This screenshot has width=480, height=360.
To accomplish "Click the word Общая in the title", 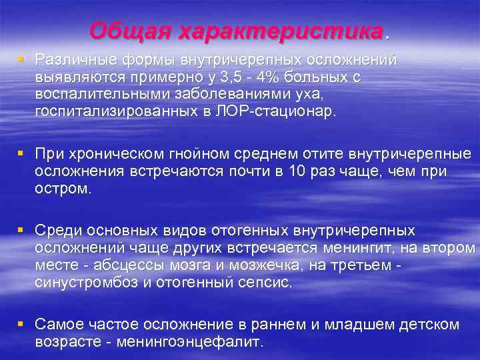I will click(122, 31).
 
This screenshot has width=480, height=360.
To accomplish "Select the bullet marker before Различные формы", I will click(21, 59).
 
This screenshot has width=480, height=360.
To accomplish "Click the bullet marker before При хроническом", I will click(21, 154).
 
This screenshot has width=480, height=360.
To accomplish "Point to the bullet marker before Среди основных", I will click(21, 230).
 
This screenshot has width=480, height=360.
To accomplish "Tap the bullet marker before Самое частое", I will click(21, 323).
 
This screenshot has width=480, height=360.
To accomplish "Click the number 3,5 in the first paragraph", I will click(215, 77).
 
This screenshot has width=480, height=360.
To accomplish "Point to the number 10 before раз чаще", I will click(298, 171).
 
